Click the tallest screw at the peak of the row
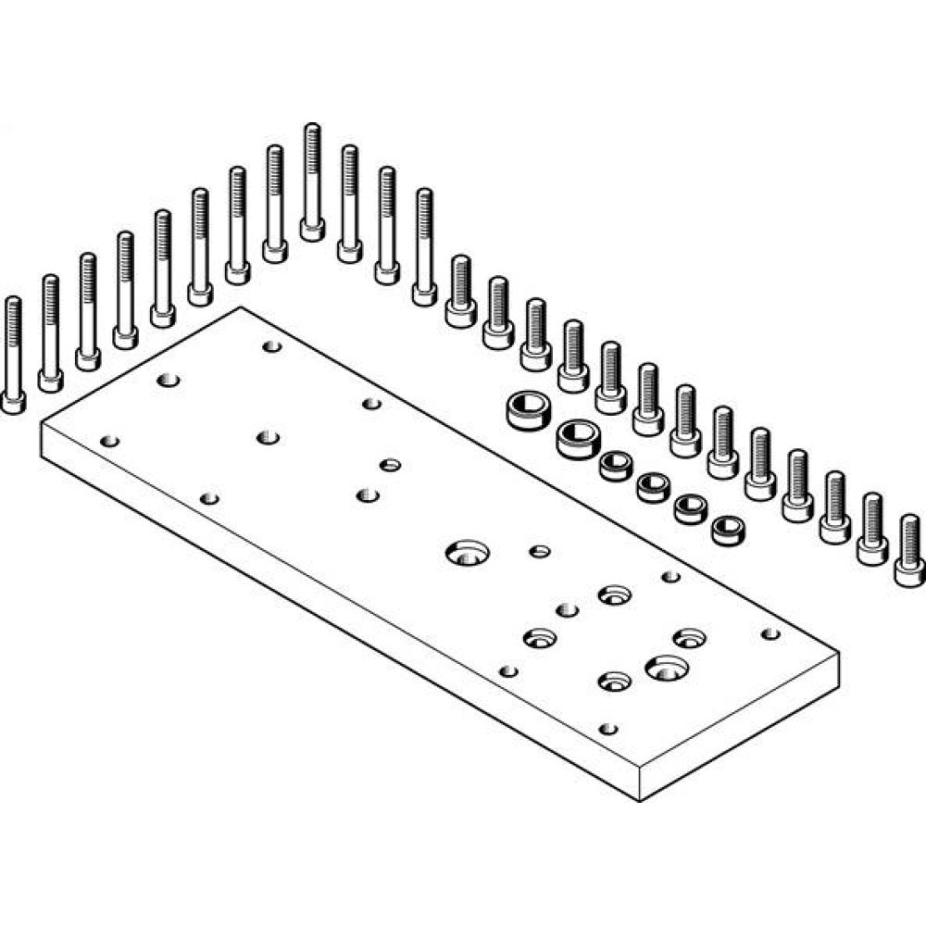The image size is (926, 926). coord(312,181)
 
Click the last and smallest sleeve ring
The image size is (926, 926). coord(727,530)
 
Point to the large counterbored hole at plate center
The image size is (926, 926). coord(468,554)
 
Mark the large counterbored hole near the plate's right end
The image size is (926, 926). coord(664,667)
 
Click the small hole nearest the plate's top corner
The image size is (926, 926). coord(271,346)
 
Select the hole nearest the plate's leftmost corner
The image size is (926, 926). coord(110,441)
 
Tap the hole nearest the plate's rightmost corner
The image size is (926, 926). coord(770,633)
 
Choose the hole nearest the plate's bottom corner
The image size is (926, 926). coord(607,728)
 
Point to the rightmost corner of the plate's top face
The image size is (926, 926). coord(839,652)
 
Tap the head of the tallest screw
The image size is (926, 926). coord(312,229)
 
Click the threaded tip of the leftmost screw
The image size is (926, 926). coord(13,306)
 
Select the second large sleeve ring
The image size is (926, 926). coord(578,437)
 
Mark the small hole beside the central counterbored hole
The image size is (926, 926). coord(540,551)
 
